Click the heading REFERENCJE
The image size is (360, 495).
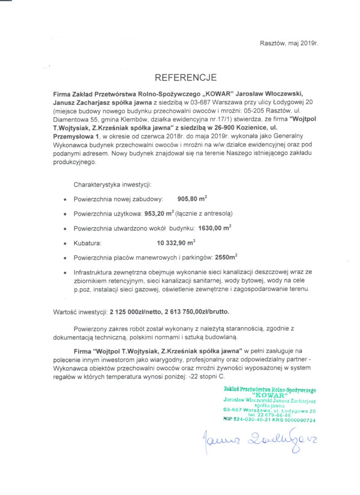pos(186,77)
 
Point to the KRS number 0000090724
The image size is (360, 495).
pos(301,420)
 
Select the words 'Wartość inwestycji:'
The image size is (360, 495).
pos(79,312)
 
